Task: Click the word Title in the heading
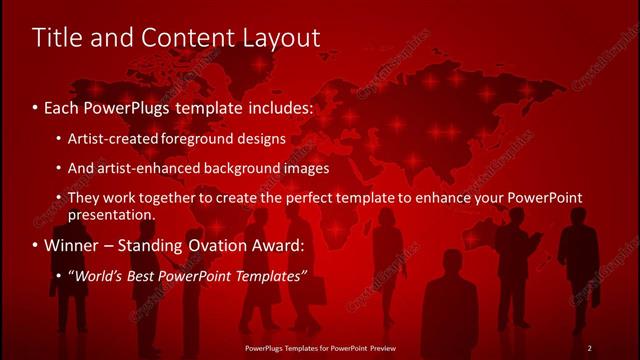pos(59,38)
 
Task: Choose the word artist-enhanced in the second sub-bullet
pos(143,168)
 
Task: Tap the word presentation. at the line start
pos(111,215)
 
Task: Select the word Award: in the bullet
pos(280,245)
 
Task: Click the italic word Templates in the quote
pos(268,275)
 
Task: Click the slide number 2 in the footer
pos(589,348)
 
